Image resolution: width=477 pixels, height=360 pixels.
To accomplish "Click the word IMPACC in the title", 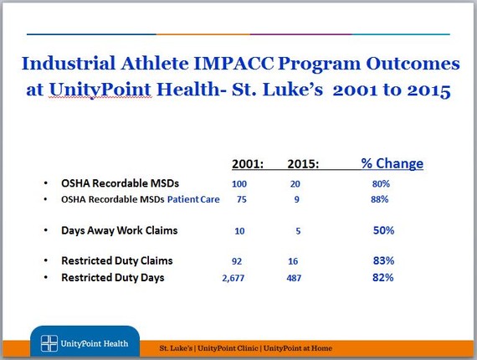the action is coord(233,64).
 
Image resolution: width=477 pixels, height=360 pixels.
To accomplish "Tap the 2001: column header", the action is coord(248,164).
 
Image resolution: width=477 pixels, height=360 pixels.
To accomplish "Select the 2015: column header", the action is coord(303,164).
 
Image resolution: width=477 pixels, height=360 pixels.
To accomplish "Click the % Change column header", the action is coord(392,163).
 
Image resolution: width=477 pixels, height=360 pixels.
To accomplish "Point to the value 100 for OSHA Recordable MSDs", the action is coord(239,184).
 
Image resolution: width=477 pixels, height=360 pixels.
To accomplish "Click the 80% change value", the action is coord(381,183).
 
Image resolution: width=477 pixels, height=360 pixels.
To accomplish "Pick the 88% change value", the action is coord(380,199).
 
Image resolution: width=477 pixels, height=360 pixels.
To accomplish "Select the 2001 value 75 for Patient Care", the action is coord(242,199).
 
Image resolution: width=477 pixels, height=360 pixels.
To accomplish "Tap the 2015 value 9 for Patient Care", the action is coord(296,199).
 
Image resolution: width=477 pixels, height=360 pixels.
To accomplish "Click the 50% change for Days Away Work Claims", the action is coord(383,230).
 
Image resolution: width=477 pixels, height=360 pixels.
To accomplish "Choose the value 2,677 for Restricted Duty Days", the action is coord(233,278).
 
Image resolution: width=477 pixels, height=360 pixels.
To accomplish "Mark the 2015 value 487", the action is coord(294,278).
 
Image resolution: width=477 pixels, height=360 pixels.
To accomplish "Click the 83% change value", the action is coord(383,260).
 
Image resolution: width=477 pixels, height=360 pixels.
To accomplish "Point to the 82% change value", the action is coord(383,277).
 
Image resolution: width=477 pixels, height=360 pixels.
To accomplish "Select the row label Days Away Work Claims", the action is coord(120,230).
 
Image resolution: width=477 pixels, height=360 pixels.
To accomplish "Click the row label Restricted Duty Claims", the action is coord(117,261).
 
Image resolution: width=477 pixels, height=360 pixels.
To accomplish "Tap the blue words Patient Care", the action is coord(193,199).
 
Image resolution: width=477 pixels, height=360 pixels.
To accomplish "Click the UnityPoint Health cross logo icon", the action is coord(49,343).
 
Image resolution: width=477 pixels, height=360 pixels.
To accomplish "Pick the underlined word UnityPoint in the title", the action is coord(100,90).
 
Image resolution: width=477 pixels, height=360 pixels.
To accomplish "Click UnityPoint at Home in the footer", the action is coord(298,347).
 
